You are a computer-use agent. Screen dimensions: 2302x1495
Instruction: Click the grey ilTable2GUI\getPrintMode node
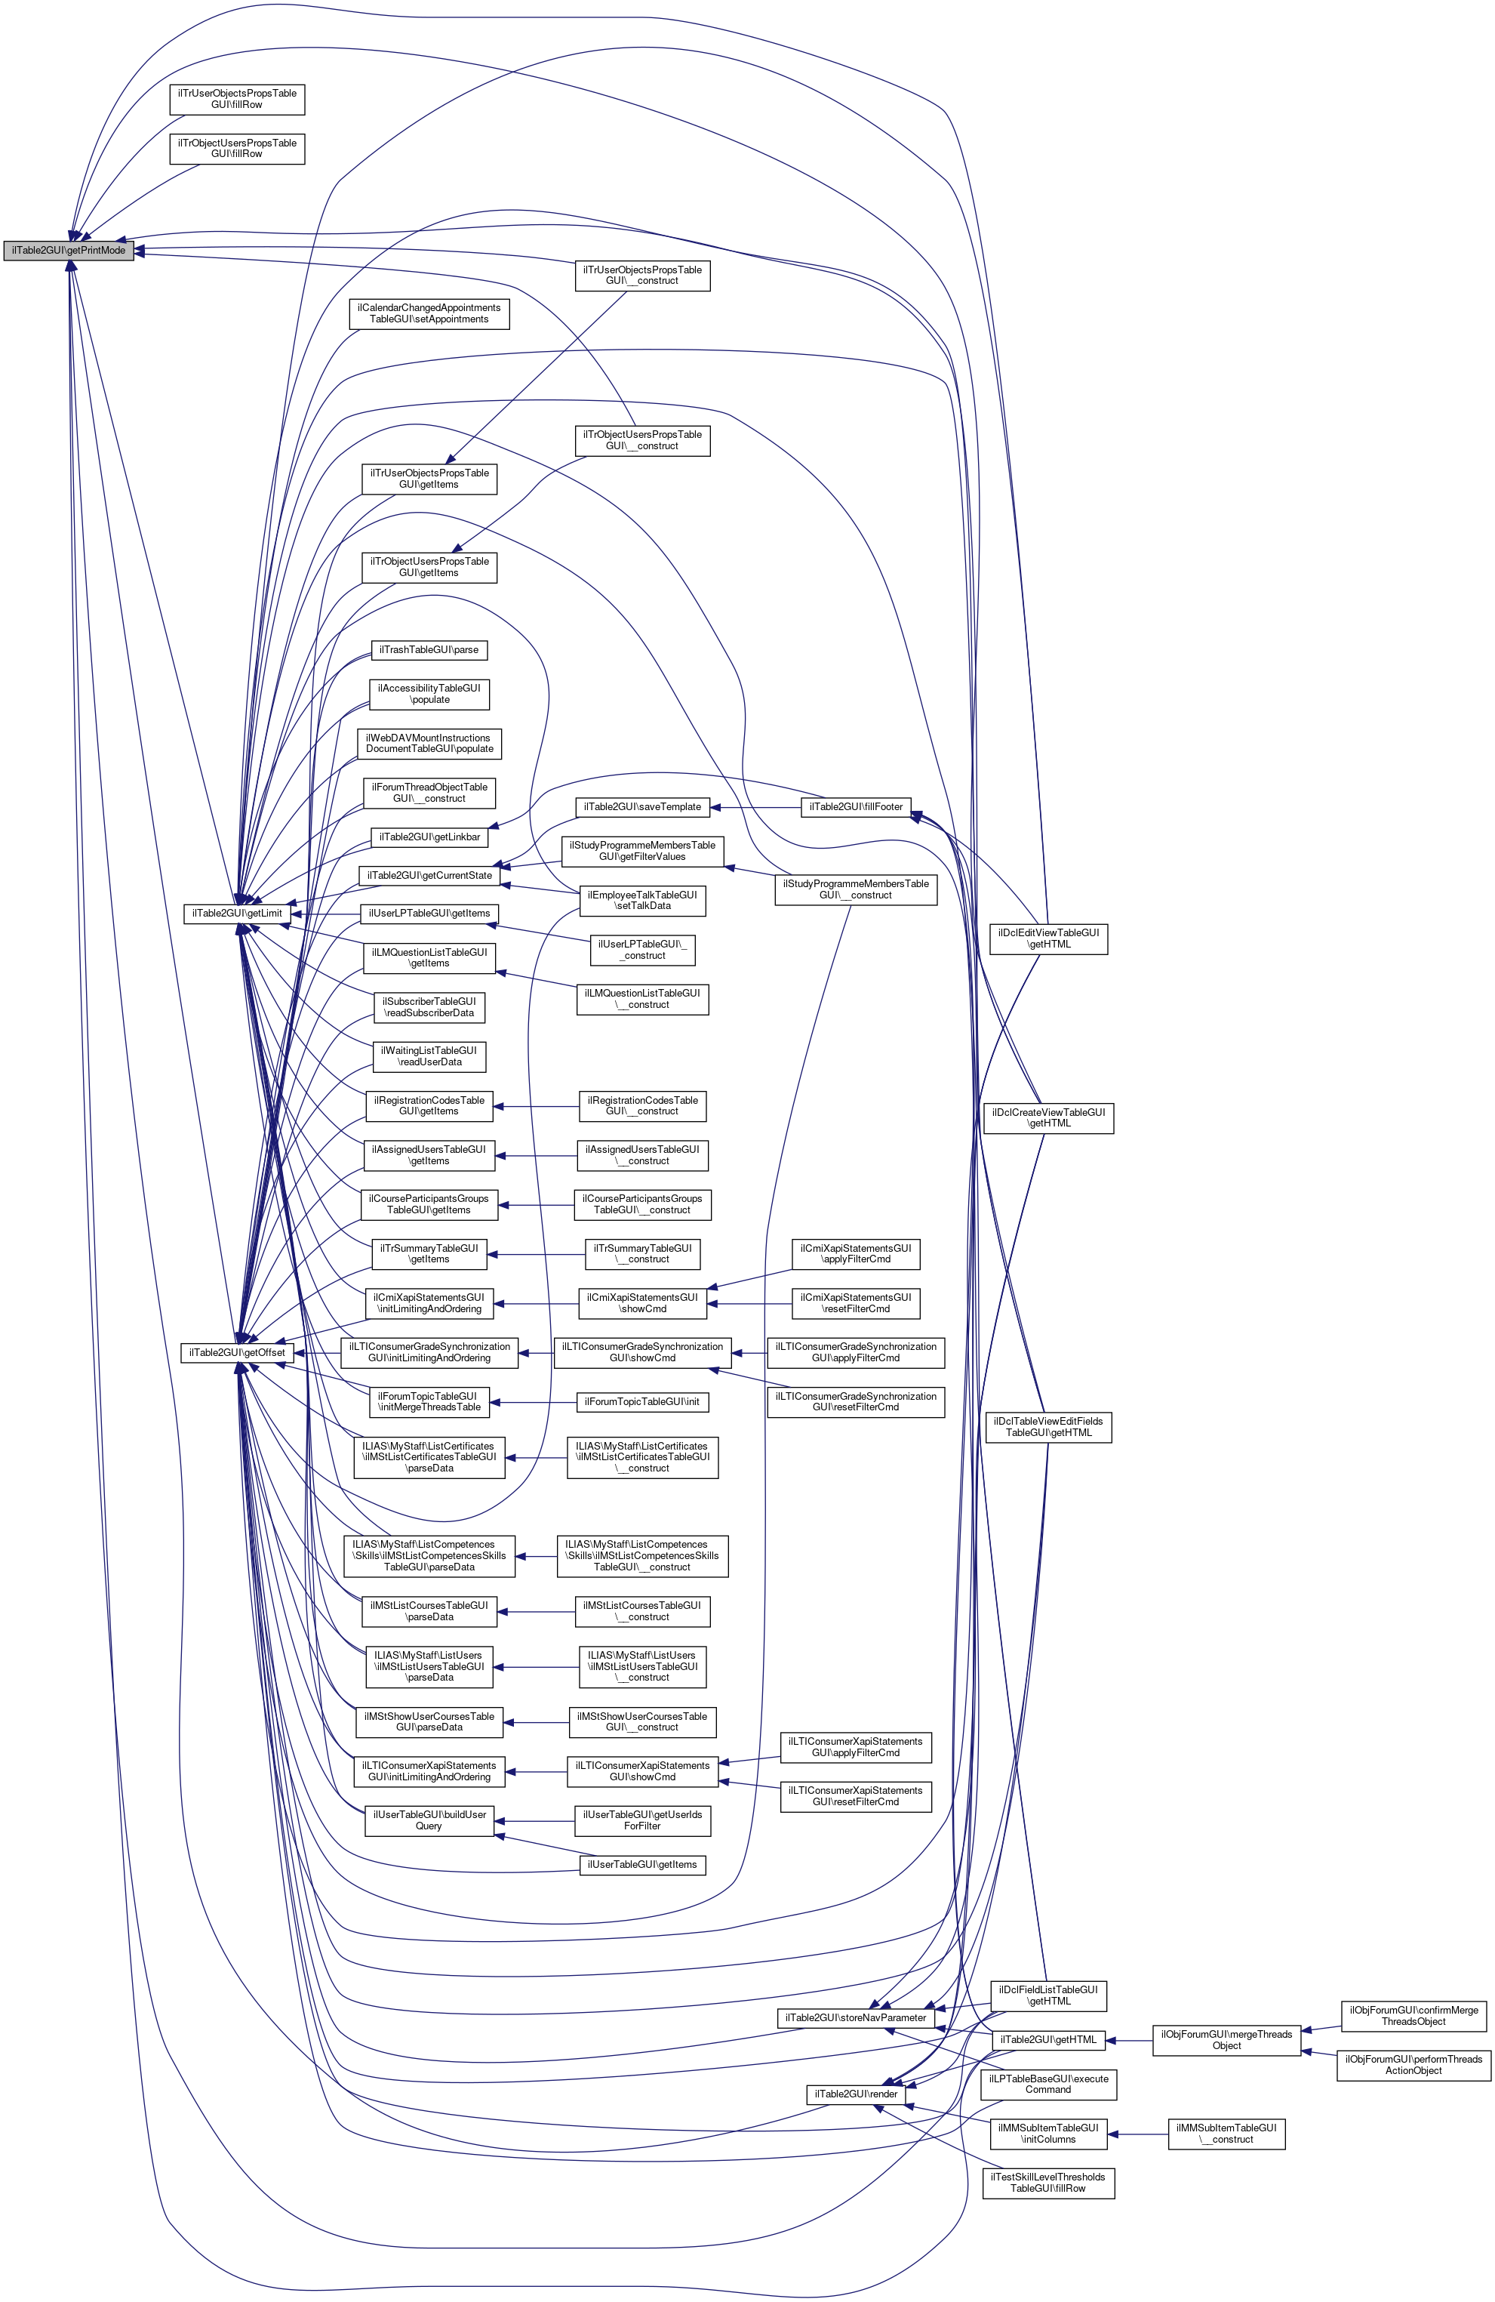[x=68, y=251]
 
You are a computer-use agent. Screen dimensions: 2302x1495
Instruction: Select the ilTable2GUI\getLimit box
[x=237, y=912]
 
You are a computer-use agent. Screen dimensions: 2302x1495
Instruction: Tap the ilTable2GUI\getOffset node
[x=237, y=1352]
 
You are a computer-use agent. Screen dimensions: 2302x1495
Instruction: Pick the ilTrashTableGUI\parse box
[x=429, y=650]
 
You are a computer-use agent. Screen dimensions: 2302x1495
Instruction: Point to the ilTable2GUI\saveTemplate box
[x=643, y=806]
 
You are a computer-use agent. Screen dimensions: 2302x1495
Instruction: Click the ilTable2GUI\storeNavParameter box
[x=856, y=2017]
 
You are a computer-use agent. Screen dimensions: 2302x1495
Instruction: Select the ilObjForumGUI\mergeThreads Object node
[x=1226, y=2040]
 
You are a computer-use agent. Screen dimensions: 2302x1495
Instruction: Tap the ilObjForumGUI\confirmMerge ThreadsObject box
[x=1413, y=2016]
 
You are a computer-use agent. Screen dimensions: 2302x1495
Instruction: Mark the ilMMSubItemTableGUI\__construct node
[x=1226, y=2133]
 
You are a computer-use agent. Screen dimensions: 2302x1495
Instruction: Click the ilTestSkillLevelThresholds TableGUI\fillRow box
[x=1048, y=2182]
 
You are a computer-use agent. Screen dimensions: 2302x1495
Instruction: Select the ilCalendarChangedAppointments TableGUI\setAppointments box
[x=429, y=313]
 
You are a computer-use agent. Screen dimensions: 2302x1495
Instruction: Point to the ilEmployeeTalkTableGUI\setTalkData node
[x=641, y=899]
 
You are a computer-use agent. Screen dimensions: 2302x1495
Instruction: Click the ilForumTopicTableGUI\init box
[x=641, y=1401]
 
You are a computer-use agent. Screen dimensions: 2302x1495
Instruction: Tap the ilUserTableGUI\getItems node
[x=641, y=1864]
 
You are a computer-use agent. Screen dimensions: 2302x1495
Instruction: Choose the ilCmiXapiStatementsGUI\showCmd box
[x=643, y=1303]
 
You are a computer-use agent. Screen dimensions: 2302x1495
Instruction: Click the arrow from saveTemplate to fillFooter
[x=756, y=806]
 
